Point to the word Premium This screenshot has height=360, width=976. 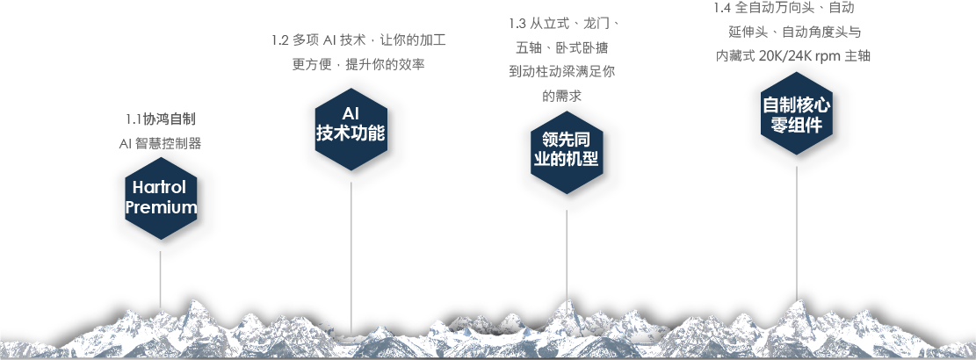(x=161, y=208)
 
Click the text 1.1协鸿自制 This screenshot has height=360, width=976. (x=160, y=119)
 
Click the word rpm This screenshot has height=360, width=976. (x=827, y=55)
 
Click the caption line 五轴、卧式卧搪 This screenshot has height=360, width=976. (x=562, y=47)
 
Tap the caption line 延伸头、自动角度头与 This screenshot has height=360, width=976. (x=795, y=32)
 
